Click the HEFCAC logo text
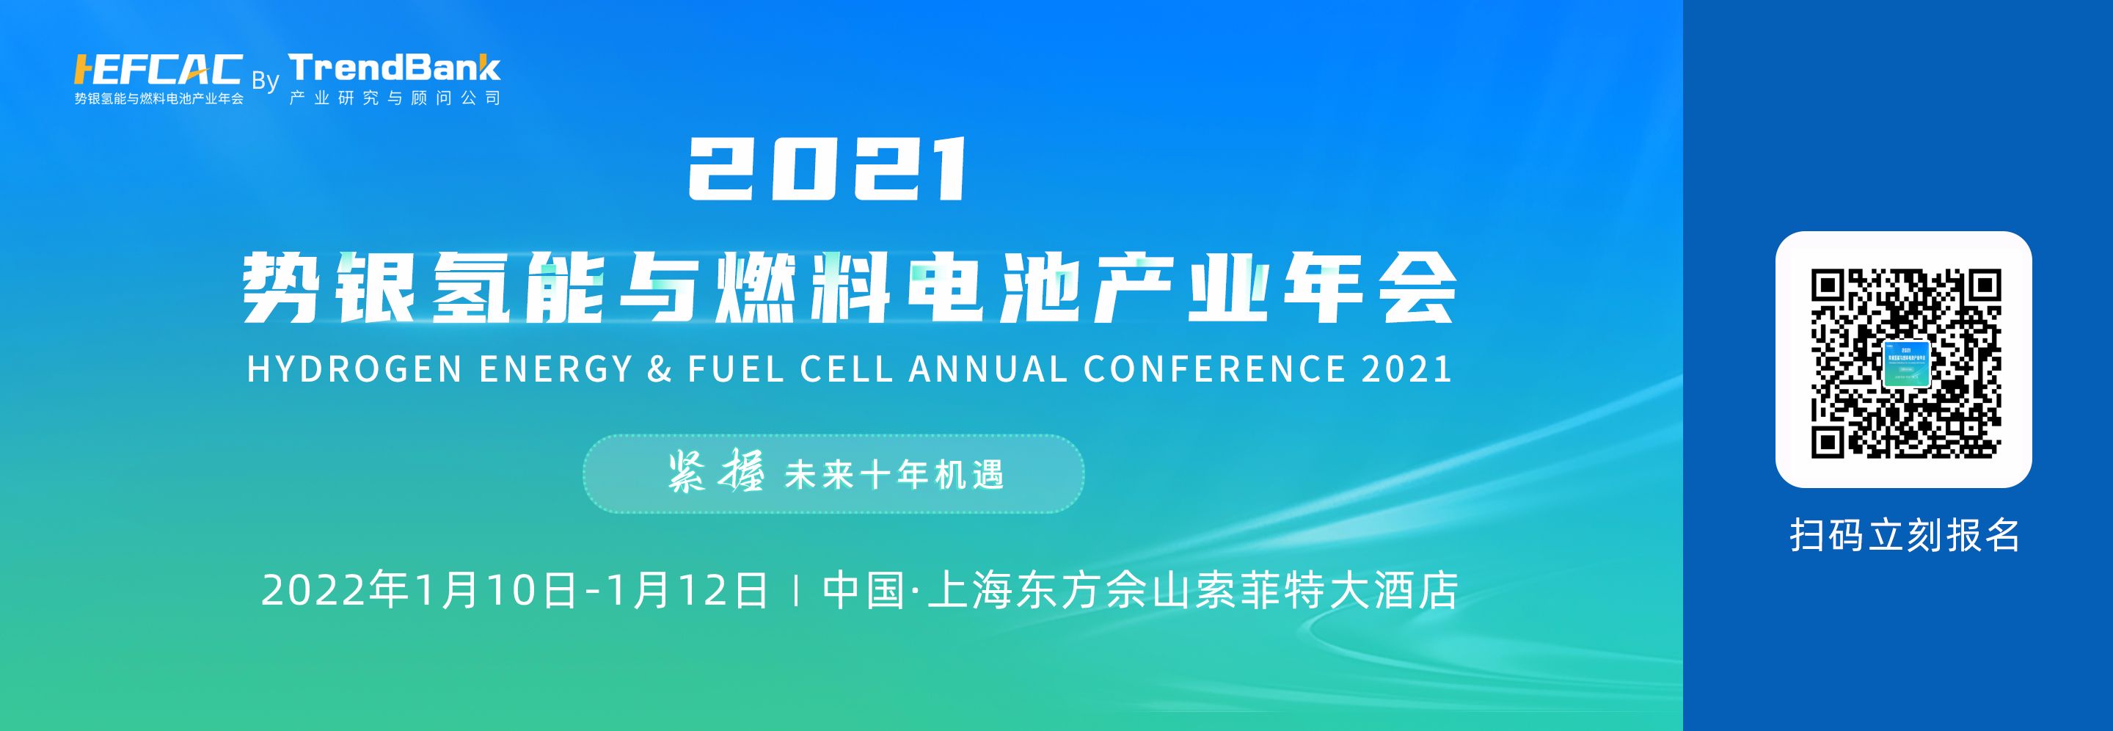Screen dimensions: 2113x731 158,70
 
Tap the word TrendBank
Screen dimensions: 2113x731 395,68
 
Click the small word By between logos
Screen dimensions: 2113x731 265,81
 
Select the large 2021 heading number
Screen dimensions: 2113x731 828,169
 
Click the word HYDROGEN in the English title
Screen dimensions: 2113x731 355,369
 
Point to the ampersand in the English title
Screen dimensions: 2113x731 660,369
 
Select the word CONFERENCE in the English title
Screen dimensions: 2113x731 1215,369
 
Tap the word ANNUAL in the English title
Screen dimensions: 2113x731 988,369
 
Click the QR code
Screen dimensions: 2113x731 1905,363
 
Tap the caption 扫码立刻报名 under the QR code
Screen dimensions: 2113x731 1905,535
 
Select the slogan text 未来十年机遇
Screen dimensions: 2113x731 894,475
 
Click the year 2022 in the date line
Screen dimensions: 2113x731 314,591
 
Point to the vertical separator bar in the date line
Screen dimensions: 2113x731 797,592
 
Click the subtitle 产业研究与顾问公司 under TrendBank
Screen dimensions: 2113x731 395,98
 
